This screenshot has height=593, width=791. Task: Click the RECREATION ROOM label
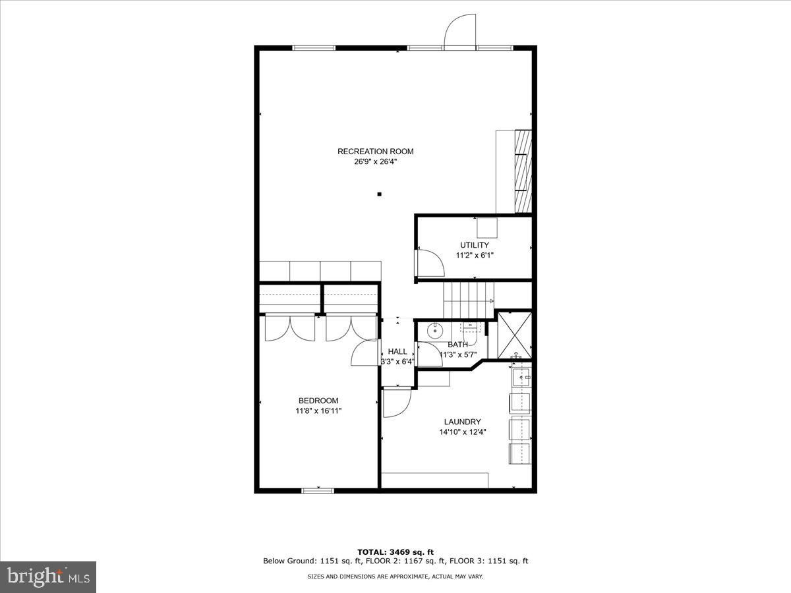click(x=375, y=152)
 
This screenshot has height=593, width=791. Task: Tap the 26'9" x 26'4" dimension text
click(x=375, y=161)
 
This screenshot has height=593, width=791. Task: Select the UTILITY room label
click(x=474, y=245)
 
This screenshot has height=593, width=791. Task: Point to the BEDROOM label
click(x=318, y=401)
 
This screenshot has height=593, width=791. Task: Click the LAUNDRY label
click(x=462, y=422)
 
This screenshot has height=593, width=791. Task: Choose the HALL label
click(x=397, y=351)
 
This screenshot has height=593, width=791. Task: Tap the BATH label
click(x=457, y=345)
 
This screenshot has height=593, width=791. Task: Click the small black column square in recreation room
click(x=379, y=194)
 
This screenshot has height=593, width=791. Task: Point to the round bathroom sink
click(x=434, y=331)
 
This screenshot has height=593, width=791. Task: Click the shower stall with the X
click(x=514, y=335)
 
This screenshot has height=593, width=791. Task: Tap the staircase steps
click(x=469, y=300)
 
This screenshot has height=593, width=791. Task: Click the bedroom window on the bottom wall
click(x=318, y=490)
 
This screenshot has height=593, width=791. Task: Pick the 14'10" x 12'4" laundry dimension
click(x=462, y=432)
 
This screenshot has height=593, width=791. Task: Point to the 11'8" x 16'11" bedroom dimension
click(x=318, y=410)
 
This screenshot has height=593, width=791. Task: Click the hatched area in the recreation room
click(x=523, y=171)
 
